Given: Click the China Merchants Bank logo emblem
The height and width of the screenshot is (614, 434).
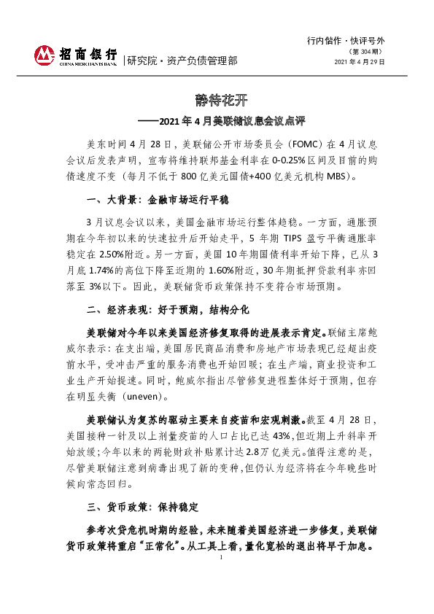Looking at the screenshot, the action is pyautogui.click(x=45, y=55).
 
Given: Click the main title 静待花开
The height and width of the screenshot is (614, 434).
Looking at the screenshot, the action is pyautogui.click(x=217, y=99).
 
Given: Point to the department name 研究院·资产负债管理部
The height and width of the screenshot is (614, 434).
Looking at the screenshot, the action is pyautogui.click(x=182, y=61).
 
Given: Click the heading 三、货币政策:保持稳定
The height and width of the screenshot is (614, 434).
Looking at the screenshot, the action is pyautogui.click(x=142, y=506).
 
